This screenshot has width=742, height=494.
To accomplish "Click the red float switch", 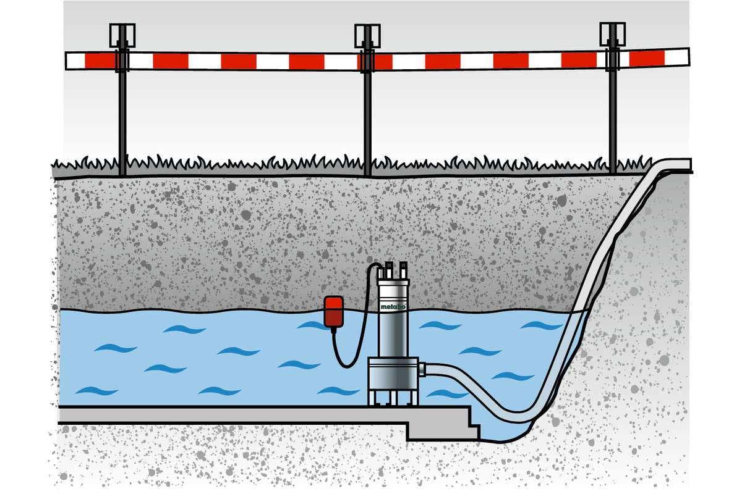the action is [x=333, y=312].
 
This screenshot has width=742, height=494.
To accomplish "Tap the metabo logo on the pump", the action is [x=393, y=306].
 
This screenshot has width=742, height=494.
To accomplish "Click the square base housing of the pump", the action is [x=393, y=374].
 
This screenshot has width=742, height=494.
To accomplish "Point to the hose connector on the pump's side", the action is [x=422, y=369].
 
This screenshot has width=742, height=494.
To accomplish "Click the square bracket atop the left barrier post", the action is [x=122, y=35].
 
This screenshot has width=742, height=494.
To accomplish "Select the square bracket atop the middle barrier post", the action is [x=367, y=36].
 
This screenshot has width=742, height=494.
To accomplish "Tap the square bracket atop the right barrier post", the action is [x=613, y=35].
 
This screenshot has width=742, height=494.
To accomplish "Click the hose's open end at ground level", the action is [x=688, y=165].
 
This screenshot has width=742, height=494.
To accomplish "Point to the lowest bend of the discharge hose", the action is [x=517, y=416].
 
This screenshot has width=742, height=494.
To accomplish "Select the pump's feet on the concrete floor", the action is [x=393, y=398].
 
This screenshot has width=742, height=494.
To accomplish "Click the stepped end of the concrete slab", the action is [x=464, y=425].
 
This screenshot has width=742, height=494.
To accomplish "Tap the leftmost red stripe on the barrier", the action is [x=100, y=61].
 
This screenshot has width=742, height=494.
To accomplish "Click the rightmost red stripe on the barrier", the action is [x=647, y=58].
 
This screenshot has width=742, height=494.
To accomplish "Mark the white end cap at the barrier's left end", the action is [x=75, y=61].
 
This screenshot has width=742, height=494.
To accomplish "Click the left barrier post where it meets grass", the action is [x=122, y=172].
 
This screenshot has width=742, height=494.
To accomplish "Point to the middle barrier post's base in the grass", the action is [x=367, y=172].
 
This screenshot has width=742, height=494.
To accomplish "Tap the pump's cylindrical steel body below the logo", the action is [x=393, y=333].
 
